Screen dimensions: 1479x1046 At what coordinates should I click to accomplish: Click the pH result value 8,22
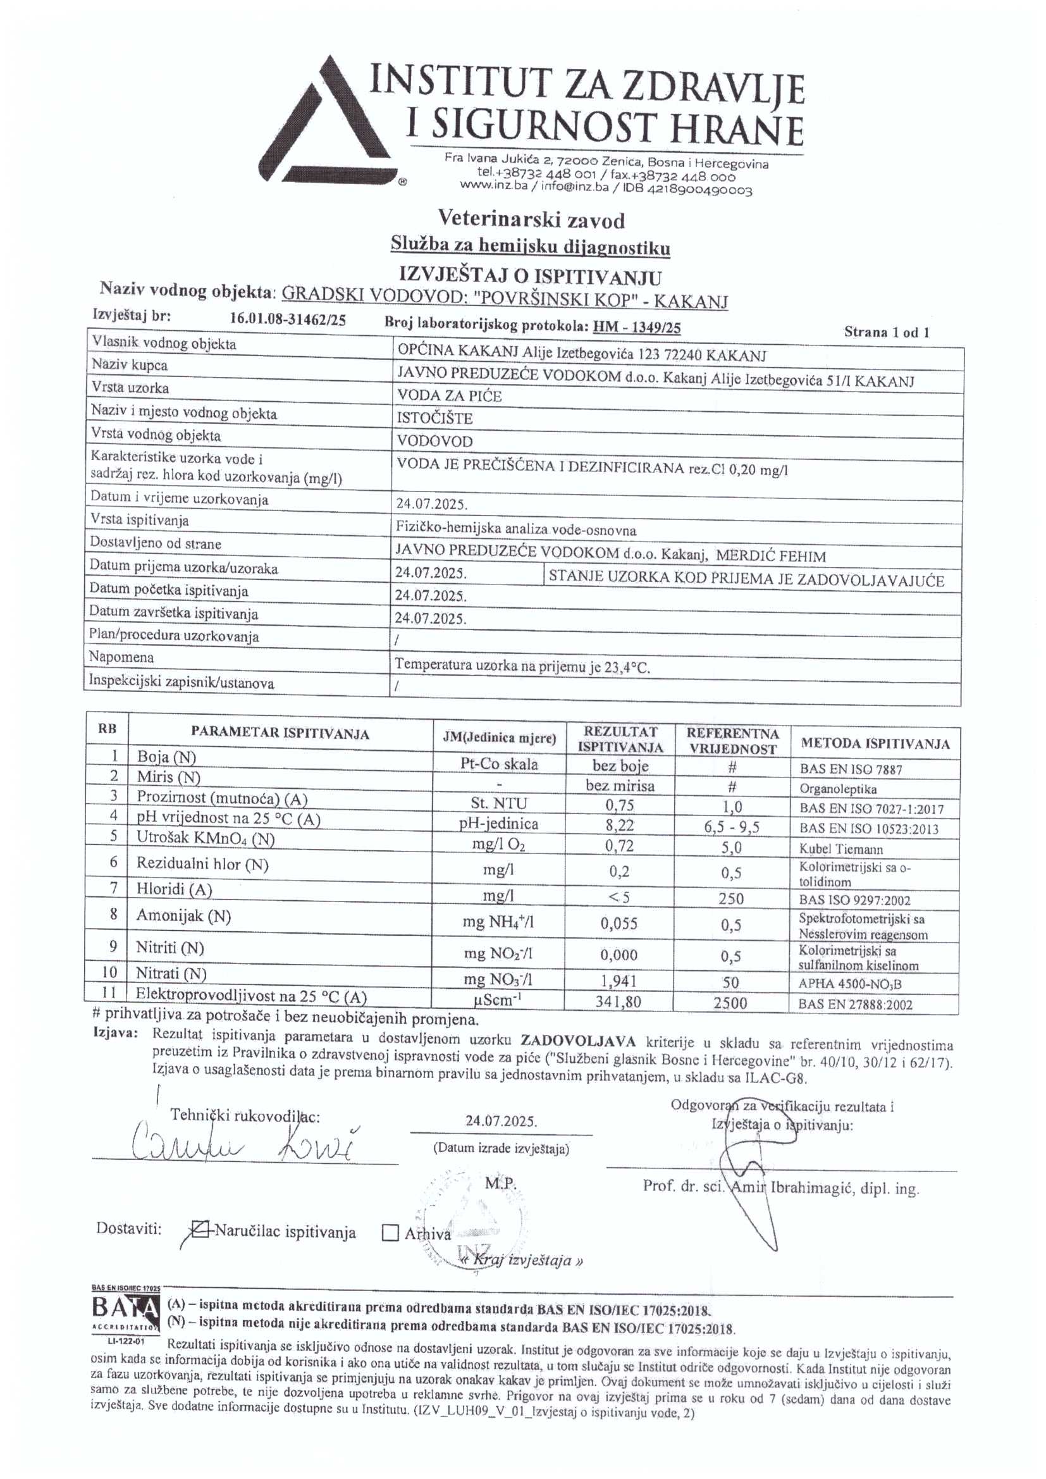click(620, 825)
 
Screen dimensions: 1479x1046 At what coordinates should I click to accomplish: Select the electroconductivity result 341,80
click(618, 1001)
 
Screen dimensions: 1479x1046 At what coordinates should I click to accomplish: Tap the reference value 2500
click(732, 1003)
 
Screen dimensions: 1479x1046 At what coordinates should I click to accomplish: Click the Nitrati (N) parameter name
click(171, 973)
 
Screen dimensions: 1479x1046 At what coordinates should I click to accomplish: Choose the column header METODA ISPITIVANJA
click(875, 744)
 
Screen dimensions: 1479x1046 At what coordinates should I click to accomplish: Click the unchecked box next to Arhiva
click(390, 1233)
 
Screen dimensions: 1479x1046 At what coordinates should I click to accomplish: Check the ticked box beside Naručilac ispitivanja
click(202, 1231)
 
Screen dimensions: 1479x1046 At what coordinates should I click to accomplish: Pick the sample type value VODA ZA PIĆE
click(449, 395)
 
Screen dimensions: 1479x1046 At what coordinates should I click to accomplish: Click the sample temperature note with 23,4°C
click(522, 666)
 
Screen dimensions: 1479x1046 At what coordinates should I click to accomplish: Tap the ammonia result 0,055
click(619, 924)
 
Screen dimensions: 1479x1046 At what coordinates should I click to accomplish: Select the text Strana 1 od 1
click(886, 332)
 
